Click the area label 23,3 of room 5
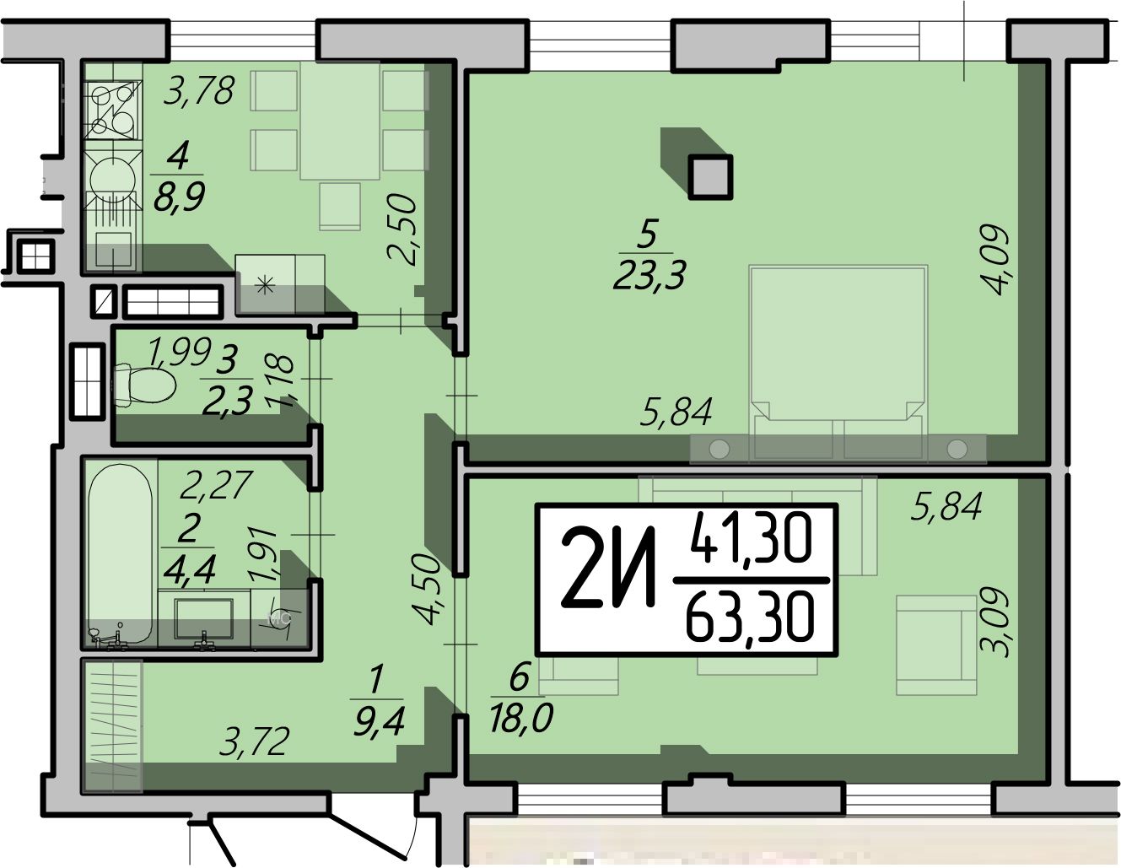pyautogui.click(x=649, y=276)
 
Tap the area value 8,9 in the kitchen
pyautogui.click(x=179, y=197)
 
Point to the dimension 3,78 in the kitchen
pyautogui.click(x=199, y=90)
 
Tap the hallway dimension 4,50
pyautogui.click(x=426, y=590)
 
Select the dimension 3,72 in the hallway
pyautogui.click(x=253, y=743)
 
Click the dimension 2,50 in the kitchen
pyautogui.click(x=402, y=229)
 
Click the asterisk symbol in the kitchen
pyautogui.click(x=265, y=285)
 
